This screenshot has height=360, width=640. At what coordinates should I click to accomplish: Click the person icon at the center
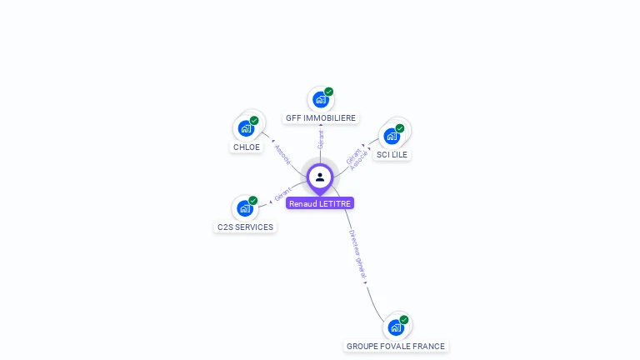point(320,177)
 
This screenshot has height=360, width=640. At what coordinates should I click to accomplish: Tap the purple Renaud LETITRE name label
point(320,203)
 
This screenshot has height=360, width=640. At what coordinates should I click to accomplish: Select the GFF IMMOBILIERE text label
point(321,118)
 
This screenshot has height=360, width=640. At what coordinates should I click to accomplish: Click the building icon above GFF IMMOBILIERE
point(320,100)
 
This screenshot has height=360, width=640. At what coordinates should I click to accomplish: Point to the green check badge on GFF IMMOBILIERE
point(329,92)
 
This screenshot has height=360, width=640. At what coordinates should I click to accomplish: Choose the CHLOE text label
point(247,147)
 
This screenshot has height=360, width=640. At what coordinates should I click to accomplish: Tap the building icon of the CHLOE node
point(246,128)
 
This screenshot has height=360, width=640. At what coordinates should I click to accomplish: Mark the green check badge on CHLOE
point(254,120)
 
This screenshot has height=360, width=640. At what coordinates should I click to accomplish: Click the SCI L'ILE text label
point(392,155)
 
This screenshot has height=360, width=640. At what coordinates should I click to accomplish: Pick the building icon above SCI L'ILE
point(392,136)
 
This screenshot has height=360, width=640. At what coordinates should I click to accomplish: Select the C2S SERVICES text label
point(245,227)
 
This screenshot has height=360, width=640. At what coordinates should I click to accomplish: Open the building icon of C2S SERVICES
point(244,207)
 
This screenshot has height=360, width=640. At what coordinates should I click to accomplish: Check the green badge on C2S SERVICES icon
point(253,200)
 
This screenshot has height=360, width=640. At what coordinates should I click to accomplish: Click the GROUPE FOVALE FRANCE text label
point(396,346)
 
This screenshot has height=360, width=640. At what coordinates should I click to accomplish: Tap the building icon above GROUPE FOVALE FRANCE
point(396,327)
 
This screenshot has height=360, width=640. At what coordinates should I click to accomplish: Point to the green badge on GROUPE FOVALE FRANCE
point(404,319)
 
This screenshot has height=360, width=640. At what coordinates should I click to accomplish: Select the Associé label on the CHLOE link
point(282,154)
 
